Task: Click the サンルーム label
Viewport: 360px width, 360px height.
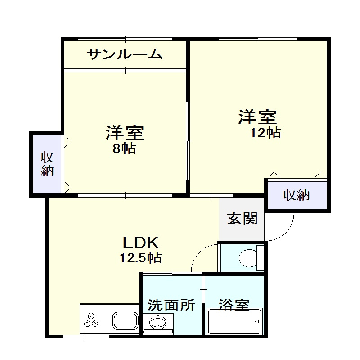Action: [x=124, y=55]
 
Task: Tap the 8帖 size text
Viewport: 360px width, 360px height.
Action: [x=124, y=149]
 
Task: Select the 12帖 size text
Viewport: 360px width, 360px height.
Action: [x=266, y=132]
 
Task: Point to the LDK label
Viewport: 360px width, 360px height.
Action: [x=141, y=243]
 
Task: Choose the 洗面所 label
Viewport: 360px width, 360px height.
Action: [x=172, y=305]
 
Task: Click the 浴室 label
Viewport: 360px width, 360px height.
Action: [x=234, y=305]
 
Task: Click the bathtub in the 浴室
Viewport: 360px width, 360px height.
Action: [x=234, y=321]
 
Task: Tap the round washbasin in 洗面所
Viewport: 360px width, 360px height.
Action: [x=157, y=322]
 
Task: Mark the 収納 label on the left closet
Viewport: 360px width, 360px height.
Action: [x=47, y=164]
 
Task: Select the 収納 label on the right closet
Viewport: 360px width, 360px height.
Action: [x=297, y=195]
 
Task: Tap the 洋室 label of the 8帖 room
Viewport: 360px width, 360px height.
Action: [x=125, y=133]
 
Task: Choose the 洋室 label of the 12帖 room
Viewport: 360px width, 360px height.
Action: [x=257, y=117]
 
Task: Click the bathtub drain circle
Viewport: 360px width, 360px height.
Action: [x=257, y=321]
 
